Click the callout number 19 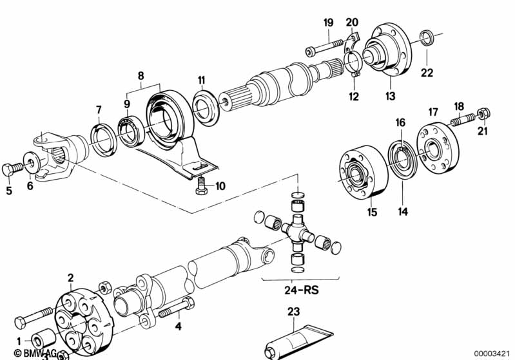pos(328,23)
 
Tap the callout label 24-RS pos(300,289)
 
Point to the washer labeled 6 pos(30,160)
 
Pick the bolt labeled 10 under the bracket pos(200,187)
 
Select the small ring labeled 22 pos(426,35)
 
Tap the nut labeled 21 pos(485,115)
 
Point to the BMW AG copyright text pos(23,353)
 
